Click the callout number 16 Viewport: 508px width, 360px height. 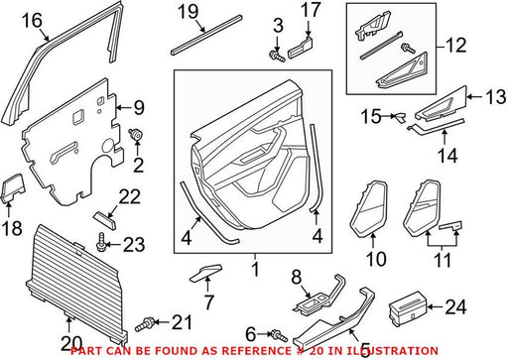[x=32, y=21]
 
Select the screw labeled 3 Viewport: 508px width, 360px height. [x=277, y=57]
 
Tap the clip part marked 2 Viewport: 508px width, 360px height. [x=135, y=134]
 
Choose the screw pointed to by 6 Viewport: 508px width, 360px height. [x=280, y=336]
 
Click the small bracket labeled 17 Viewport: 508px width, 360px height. [x=301, y=48]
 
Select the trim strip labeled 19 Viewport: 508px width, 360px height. [x=206, y=35]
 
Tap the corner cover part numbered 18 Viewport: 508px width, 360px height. [x=14, y=187]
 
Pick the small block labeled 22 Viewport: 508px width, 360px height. [x=104, y=220]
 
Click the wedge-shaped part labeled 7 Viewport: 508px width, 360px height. [x=205, y=273]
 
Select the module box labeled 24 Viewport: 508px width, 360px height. [x=409, y=308]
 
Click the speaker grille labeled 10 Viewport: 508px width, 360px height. [x=368, y=209]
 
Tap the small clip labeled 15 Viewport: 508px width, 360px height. [x=399, y=118]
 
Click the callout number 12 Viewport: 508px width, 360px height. [x=455, y=46]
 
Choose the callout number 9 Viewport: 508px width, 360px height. [x=139, y=108]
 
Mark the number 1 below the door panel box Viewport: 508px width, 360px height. [x=255, y=270]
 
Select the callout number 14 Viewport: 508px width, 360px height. [x=447, y=156]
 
